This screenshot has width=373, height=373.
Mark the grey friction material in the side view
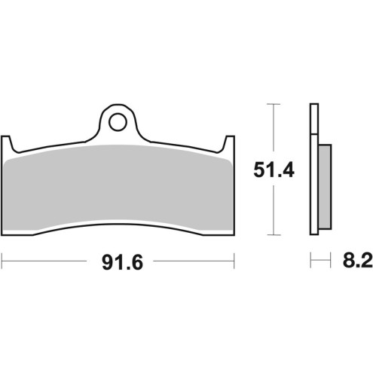pos(324,188)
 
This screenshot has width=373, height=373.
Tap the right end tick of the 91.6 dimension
pos(234,263)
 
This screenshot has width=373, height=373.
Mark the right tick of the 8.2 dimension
pos(332,263)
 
